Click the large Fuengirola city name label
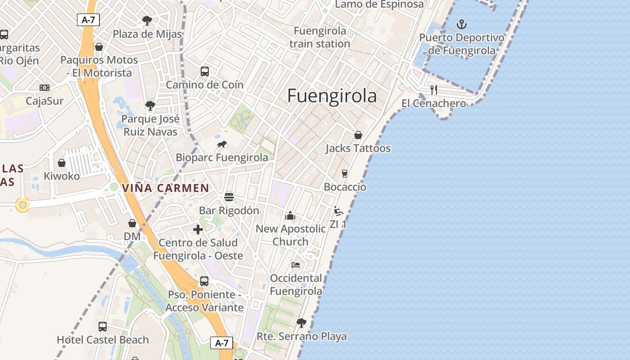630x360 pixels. pyautogui.click(x=332, y=96)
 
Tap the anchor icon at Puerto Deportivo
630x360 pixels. pyautogui.click(x=462, y=24)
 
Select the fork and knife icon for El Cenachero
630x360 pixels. pyautogui.click(x=433, y=90)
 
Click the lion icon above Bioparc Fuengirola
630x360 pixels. pyautogui.click(x=222, y=144)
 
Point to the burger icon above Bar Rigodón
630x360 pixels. pyautogui.click(x=229, y=197)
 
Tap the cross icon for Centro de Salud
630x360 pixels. pyautogui.click(x=198, y=229)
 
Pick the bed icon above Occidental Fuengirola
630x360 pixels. pyautogui.click(x=296, y=265)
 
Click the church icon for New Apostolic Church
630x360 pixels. pyautogui.click(x=290, y=216)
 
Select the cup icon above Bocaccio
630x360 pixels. pyautogui.click(x=345, y=174)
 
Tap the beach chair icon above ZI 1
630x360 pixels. pyautogui.click(x=338, y=211)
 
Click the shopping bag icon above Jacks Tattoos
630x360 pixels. pyautogui.click(x=358, y=135)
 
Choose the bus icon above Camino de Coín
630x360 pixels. pyautogui.click(x=204, y=72)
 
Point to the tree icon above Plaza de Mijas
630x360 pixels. pyautogui.click(x=147, y=20)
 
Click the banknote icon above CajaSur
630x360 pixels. pyautogui.click(x=44, y=88)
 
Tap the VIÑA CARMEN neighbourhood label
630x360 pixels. pyautogui.click(x=166, y=188)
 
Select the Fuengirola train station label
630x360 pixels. pyautogui.click(x=319, y=37)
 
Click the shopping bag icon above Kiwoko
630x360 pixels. pyautogui.click(x=62, y=163)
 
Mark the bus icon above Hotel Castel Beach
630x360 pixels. pyautogui.click(x=103, y=327)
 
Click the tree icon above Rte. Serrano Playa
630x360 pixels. pyautogui.click(x=301, y=323)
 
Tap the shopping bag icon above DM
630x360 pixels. pyautogui.click(x=132, y=223)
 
